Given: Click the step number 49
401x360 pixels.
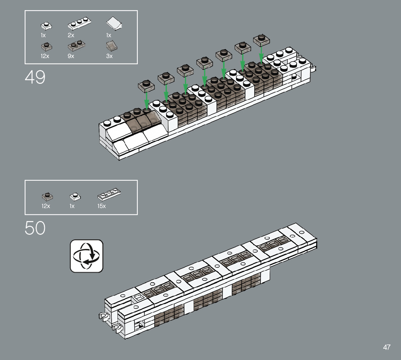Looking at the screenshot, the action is pos(35,77).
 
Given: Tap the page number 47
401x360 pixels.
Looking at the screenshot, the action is pos(386,347).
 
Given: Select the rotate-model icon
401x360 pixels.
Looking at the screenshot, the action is pos(87,256).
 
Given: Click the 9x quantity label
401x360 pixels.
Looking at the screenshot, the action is pos(71,56).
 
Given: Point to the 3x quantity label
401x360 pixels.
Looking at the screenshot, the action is pos(109,56).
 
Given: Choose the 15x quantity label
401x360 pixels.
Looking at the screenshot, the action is pos(102,206).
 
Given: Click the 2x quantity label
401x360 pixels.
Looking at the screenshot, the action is pos(71,35).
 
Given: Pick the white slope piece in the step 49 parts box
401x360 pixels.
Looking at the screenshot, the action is pos(114,24).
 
